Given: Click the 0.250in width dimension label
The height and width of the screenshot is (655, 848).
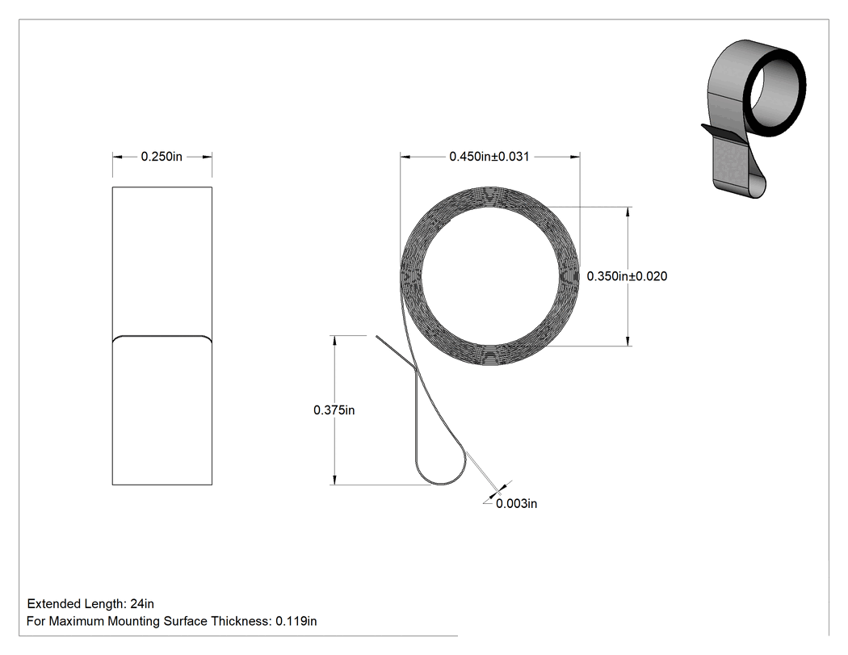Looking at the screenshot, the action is pos(162,157).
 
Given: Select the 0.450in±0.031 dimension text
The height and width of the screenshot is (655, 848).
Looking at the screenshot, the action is pos(489,157).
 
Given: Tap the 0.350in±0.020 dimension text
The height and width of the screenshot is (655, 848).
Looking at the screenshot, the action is pos(627,276).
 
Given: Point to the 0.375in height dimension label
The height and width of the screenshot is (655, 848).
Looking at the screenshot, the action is pos(334,410).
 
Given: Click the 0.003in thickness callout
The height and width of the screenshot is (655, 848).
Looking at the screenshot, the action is pos(517,503).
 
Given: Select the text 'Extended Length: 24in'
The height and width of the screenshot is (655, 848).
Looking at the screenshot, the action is pos(90,603).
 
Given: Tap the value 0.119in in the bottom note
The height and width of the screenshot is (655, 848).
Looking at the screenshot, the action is pos(296,621).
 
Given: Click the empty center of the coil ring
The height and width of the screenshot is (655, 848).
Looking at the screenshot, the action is pos(491,275).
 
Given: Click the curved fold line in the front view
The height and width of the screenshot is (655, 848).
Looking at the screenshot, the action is pos(162,338).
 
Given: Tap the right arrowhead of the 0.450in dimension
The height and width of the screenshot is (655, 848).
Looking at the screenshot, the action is pos(575,157).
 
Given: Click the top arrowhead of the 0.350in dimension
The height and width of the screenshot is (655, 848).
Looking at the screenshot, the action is pos(628,212).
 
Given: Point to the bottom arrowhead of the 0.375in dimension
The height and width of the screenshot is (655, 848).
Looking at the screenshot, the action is pos(334,480).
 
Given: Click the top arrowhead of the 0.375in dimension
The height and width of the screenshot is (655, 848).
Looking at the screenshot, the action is pos(334,341).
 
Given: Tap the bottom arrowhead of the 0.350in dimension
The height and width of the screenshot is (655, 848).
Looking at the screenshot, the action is pos(628,340).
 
